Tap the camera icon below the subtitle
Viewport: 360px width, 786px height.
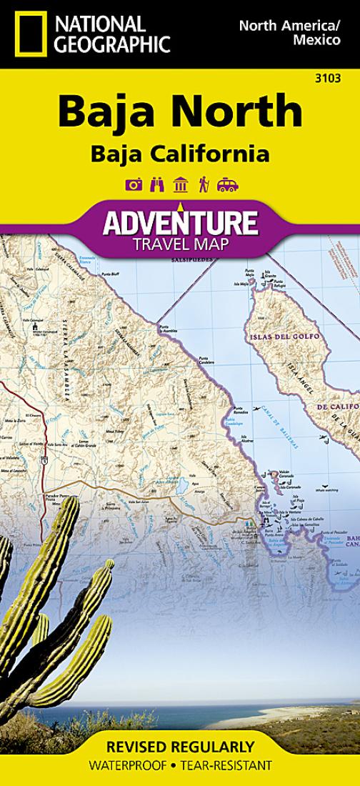133,185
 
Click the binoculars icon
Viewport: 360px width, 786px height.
157,185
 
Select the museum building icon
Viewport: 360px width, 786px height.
180,185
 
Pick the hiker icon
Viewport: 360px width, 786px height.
204,185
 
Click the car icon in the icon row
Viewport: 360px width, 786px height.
227,185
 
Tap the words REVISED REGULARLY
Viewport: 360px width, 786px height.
179,747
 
